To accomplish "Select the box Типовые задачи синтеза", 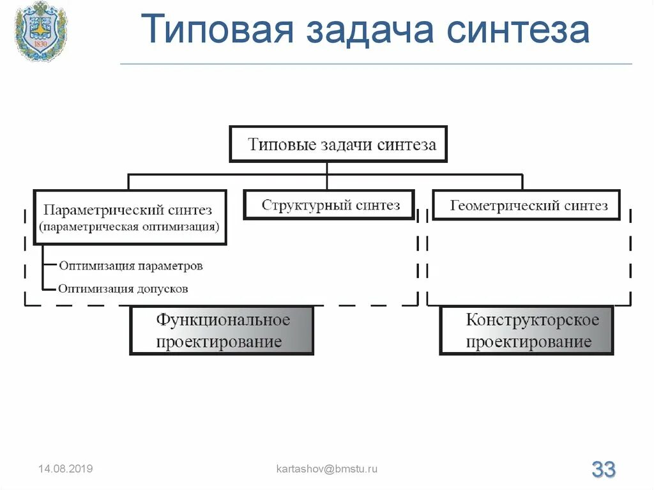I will [x=338, y=144].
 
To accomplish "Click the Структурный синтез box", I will [x=330, y=205].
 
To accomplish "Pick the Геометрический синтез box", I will [x=526, y=206].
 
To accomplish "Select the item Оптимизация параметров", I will [x=131, y=265].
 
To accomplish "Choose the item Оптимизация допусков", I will [x=123, y=288].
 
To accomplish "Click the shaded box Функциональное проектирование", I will [x=222, y=330].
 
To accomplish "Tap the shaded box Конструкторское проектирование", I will [x=526, y=330].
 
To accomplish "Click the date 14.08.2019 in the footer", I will [x=65, y=469].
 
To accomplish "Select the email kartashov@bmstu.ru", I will [x=326, y=469].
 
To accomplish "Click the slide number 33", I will [x=603, y=470].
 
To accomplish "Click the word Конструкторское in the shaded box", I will [x=532, y=319].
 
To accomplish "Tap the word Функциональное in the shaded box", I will [x=223, y=319].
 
